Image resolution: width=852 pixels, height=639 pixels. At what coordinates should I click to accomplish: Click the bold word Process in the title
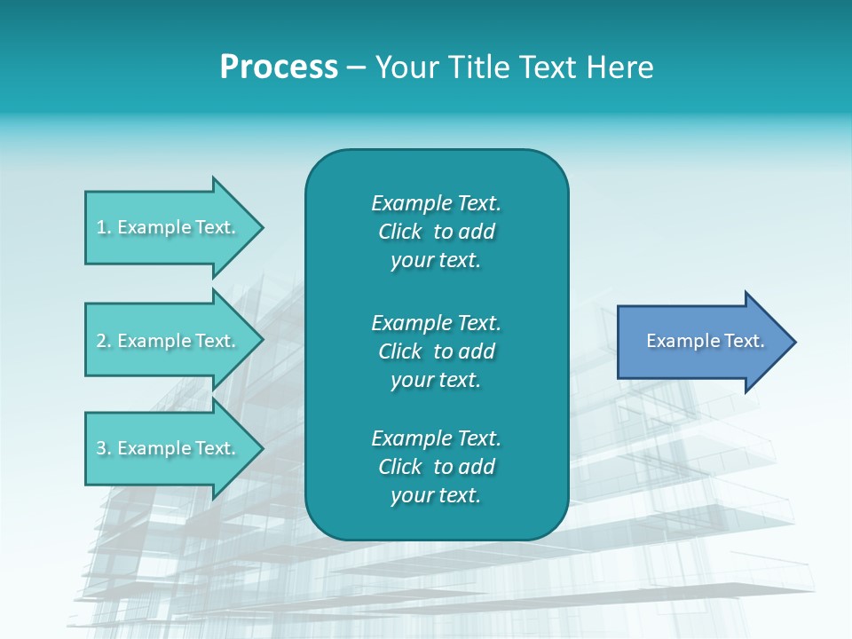279,67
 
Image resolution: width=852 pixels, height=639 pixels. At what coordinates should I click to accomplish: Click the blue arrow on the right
701,341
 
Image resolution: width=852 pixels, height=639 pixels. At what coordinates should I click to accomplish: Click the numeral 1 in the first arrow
101,227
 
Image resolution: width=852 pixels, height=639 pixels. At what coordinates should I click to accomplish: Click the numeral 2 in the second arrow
101,341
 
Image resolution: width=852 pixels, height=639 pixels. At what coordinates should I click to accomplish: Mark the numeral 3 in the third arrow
101,448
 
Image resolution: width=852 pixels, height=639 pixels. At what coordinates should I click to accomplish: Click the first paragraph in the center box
436,232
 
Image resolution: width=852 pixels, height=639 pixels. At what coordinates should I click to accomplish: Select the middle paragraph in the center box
436,351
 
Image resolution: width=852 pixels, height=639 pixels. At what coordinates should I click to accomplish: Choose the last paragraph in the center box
436,467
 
